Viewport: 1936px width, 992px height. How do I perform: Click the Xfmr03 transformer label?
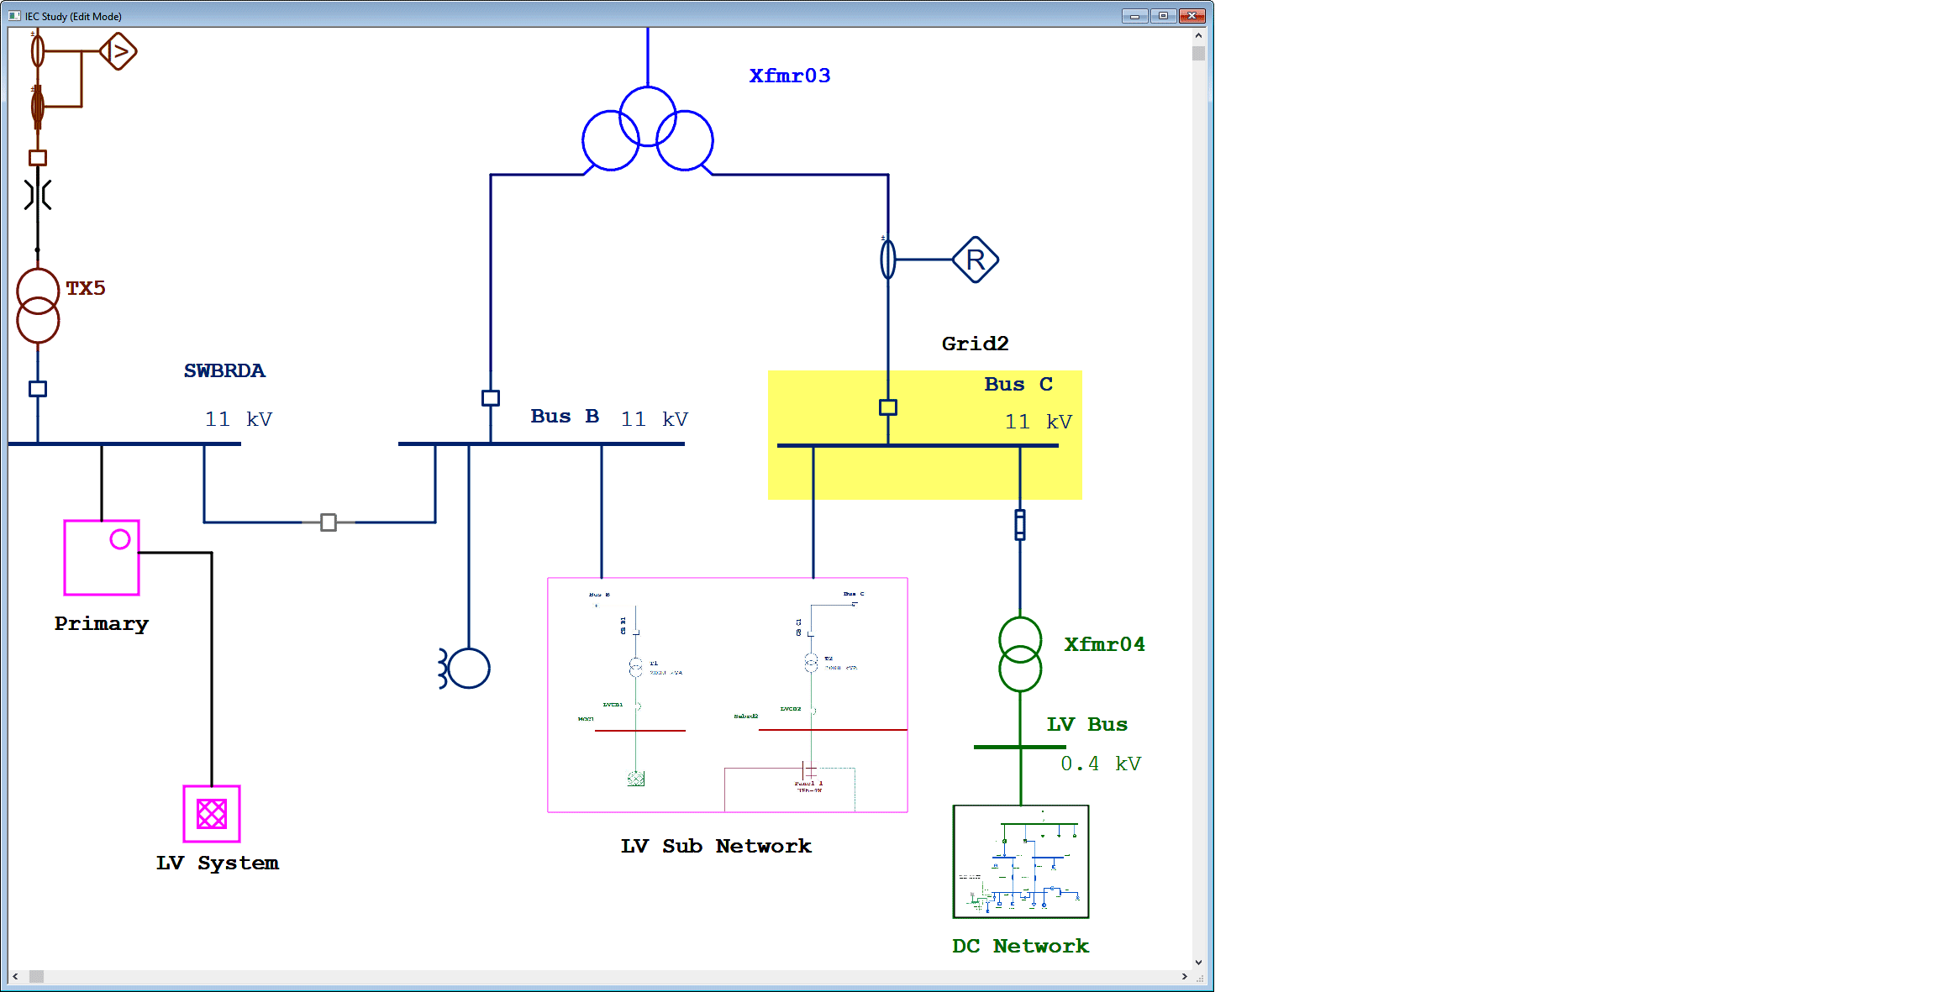pyautogui.click(x=789, y=76)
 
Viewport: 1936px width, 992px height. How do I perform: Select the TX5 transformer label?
pyautogui.click(x=86, y=288)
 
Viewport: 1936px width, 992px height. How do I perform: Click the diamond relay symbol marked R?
pyautogui.click(x=975, y=260)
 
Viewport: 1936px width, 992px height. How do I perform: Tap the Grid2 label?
pyautogui.click(x=975, y=344)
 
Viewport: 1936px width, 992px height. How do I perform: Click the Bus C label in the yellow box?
pyautogui.click(x=1018, y=384)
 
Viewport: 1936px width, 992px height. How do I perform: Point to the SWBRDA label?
pyautogui.click(x=224, y=370)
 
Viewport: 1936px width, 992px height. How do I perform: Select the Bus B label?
pyautogui.click(x=565, y=416)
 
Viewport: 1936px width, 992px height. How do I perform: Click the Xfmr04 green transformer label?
pyautogui.click(x=1104, y=644)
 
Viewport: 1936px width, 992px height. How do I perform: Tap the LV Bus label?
pyautogui.click(x=1086, y=724)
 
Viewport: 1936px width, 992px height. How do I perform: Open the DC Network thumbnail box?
pyautogui.click(x=1020, y=862)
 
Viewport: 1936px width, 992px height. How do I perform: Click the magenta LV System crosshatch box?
pyautogui.click(x=212, y=813)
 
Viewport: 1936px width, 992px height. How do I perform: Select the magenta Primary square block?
pyautogui.click(x=102, y=558)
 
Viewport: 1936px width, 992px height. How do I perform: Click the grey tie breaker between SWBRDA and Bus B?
pyautogui.click(x=329, y=522)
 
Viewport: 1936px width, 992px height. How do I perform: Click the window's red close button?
pyautogui.click(x=1192, y=15)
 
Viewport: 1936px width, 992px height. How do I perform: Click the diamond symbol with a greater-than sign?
pyautogui.click(x=118, y=51)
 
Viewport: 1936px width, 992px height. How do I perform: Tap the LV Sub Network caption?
pyautogui.click(x=716, y=846)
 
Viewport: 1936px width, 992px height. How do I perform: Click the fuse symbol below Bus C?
pyautogui.click(x=1019, y=524)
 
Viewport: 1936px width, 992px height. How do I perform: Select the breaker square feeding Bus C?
pyautogui.click(x=888, y=407)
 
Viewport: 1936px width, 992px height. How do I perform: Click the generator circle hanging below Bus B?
pyautogui.click(x=469, y=669)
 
